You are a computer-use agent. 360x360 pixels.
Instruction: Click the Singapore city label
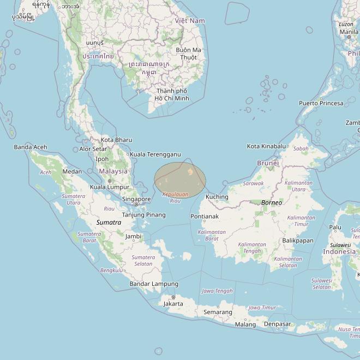pos(136,200)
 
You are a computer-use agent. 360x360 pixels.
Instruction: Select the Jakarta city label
pos(173,303)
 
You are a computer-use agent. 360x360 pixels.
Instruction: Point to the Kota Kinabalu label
pos(266,146)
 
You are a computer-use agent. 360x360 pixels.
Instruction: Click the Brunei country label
pos(268,163)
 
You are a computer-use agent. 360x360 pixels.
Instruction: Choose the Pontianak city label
pos(205,217)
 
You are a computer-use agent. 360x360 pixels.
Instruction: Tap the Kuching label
pos(217,197)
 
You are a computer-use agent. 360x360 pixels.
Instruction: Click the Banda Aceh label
pos(31,147)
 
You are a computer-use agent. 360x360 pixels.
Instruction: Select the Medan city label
pos(72,172)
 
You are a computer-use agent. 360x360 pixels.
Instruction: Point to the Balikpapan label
pos(298,241)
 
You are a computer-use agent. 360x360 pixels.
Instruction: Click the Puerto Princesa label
pos(321,103)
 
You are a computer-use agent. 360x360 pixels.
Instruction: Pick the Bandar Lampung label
pos(154,284)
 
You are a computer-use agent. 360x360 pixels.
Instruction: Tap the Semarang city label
pos(218,312)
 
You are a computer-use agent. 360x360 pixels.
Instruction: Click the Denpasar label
pos(277,324)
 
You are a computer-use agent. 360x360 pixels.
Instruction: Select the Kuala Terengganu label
pos(155,154)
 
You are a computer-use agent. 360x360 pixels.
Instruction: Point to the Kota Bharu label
pos(116,140)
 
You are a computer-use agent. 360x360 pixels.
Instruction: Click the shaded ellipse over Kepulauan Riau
pos(180,180)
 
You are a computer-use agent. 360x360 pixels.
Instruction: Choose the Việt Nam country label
pos(190,21)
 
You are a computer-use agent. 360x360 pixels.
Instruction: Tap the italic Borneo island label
pos(272,203)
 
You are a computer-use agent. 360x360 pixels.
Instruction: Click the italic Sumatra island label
pos(109,223)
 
